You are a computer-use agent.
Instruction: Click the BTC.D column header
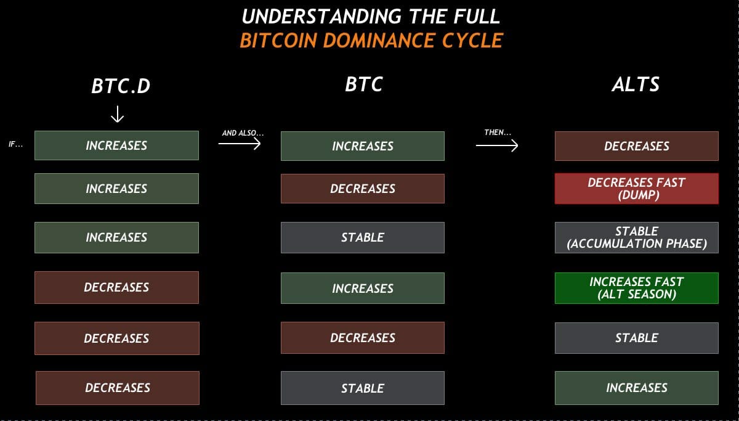click(121, 86)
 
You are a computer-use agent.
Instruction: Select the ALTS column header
click(636, 84)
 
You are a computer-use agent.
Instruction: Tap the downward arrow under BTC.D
click(117, 114)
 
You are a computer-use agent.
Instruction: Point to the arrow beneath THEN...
click(497, 145)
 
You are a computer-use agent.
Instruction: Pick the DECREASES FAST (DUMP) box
click(636, 189)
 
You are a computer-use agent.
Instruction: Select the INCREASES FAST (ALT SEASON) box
click(636, 288)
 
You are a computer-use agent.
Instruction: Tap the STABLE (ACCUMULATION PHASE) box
click(636, 237)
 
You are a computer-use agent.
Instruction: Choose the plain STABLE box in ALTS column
click(636, 338)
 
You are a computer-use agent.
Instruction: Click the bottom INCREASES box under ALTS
click(636, 388)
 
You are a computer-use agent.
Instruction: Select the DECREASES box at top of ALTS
click(636, 146)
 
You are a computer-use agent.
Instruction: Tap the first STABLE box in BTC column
click(362, 237)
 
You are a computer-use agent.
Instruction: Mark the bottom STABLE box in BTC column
click(362, 388)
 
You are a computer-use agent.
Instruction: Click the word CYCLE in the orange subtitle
click(472, 41)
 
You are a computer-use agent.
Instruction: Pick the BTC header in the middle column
click(364, 84)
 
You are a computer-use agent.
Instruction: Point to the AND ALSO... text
click(243, 133)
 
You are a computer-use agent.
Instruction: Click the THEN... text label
click(498, 133)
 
